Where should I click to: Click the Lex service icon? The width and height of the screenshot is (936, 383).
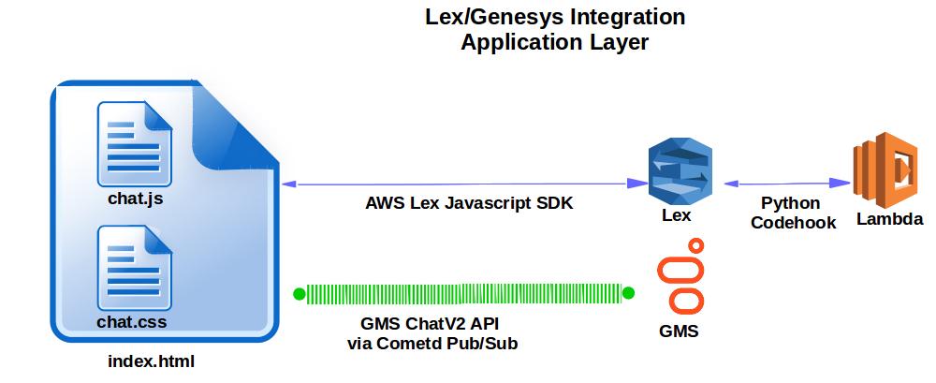[x=681, y=171]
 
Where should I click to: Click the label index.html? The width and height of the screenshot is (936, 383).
[x=152, y=361]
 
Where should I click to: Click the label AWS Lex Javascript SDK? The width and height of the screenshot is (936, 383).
[x=456, y=203]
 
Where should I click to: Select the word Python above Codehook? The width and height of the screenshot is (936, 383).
[x=790, y=203]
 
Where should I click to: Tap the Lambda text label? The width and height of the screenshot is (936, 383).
[x=889, y=220]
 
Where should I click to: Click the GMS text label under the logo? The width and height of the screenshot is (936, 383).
[x=679, y=331]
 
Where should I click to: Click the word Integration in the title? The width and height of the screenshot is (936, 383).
[x=619, y=17]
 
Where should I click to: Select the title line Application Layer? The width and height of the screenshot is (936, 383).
[x=554, y=43]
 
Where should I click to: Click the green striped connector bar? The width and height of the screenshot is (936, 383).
[x=463, y=294]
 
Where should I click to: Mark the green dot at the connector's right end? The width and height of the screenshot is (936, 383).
[x=628, y=294]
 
